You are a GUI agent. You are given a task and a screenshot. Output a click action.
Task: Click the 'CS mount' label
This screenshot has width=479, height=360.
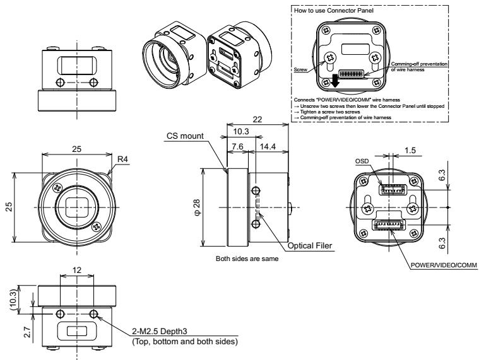(x=185, y=136)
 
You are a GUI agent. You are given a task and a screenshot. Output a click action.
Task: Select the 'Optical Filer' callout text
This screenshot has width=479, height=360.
(x=310, y=246)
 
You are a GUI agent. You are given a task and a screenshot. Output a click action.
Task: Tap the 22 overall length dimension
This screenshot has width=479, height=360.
(x=257, y=119)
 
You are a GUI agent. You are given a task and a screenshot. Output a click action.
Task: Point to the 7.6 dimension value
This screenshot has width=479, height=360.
(x=237, y=147)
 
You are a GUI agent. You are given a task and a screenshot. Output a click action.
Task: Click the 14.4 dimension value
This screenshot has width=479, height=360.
(x=268, y=147)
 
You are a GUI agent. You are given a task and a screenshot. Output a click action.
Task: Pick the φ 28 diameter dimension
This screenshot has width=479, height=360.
(x=197, y=207)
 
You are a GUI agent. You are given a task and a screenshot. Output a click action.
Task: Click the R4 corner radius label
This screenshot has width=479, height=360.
(x=122, y=159)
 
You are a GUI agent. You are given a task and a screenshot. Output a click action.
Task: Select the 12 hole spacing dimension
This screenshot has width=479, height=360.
(x=77, y=270)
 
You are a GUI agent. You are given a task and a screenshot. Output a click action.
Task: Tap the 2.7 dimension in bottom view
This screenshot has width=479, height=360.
(x=27, y=332)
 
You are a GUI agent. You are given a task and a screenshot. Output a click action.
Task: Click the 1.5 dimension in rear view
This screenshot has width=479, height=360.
(x=410, y=151)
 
